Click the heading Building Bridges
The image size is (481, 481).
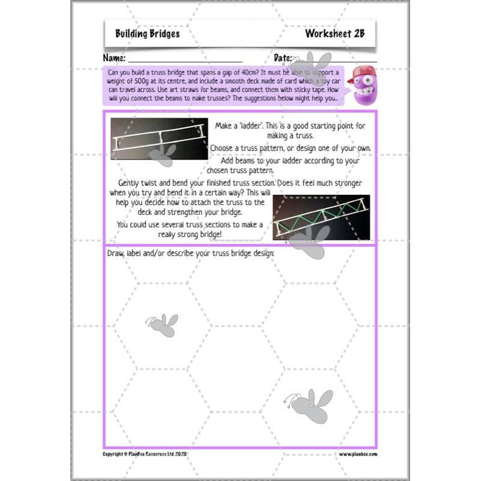coord(147,34)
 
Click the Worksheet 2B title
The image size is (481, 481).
coord(335,34)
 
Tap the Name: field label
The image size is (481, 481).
coord(114,58)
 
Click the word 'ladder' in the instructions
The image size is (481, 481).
coord(250,125)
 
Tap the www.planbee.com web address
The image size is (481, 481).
coord(357,453)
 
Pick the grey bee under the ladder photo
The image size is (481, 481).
coord(162,155)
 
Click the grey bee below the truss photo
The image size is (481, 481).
coord(307,241)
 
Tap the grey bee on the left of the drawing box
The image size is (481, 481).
coord(161,325)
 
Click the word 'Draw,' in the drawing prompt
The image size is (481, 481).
coord(117,253)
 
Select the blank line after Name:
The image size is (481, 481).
coord(184,60)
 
